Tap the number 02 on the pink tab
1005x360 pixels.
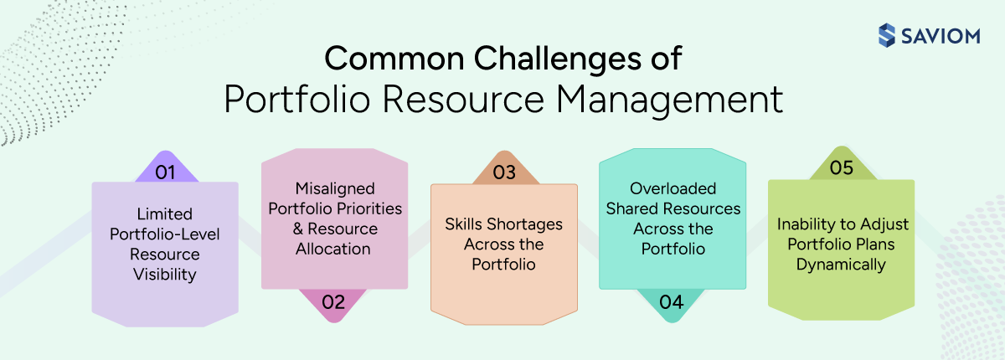(x=333, y=301)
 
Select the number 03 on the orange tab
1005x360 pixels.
(x=503, y=172)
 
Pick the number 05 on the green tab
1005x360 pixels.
(x=841, y=167)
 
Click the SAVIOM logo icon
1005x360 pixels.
(x=886, y=35)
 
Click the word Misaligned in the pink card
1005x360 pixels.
(x=333, y=188)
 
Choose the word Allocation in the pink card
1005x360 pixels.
(x=333, y=249)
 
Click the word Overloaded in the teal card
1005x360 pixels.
(x=671, y=188)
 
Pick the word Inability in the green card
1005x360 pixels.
(x=807, y=225)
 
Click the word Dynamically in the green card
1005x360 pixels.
(x=841, y=265)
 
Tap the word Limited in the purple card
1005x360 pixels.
(x=164, y=213)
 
